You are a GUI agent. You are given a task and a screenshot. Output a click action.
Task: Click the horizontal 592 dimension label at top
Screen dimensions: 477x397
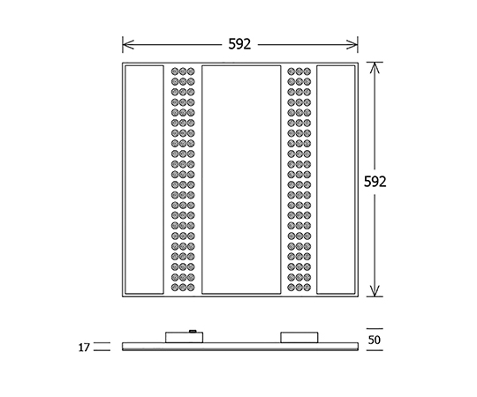click(x=239, y=44)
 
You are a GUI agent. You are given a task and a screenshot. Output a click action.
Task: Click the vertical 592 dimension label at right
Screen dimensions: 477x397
click(x=375, y=182)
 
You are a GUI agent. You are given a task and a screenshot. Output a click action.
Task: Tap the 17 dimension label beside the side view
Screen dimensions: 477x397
click(x=84, y=348)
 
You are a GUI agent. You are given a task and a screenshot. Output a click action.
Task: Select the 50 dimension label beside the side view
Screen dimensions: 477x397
click(x=375, y=340)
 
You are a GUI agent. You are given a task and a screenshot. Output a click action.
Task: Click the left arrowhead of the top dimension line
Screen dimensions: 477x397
click(x=128, y=45)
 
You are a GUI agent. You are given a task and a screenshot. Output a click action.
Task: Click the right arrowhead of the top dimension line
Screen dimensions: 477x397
click(x=352, y=45)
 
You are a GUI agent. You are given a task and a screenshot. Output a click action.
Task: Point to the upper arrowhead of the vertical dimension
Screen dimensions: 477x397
click(x=375, y=68)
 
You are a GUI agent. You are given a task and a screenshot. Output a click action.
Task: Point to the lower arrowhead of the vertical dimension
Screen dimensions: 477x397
click(x=375, y=290)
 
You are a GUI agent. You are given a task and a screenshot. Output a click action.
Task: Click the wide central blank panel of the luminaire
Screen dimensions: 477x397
click(x=241, y=179)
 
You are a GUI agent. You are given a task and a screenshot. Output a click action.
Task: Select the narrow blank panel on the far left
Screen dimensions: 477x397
click(x=144, y=179)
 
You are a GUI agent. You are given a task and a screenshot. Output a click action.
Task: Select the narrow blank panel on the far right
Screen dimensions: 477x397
click(x=336, y=179)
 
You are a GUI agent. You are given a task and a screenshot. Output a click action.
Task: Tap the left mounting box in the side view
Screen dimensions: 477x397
click(x=184, y=338)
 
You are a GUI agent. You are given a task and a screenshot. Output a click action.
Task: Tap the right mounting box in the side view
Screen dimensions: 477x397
click(x=299, y=338)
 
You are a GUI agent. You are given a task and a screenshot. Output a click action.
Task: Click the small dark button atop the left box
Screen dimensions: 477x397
click(x=193, y=331)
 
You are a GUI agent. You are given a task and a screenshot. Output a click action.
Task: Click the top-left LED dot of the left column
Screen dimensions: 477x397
click(x=175, y=71)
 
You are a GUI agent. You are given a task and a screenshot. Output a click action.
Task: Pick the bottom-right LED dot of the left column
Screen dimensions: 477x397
click(x=191, y=288)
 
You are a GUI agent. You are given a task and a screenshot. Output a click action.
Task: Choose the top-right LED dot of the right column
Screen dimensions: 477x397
click(x=307, y=71)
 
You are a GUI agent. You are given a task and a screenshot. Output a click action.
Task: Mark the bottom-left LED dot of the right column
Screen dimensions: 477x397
click(x=291, y=288)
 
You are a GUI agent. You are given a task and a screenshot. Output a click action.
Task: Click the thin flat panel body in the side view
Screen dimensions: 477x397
click(x=240, y=347)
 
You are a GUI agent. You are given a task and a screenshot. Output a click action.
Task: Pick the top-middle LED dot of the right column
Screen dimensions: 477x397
click(x=299, y=71)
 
